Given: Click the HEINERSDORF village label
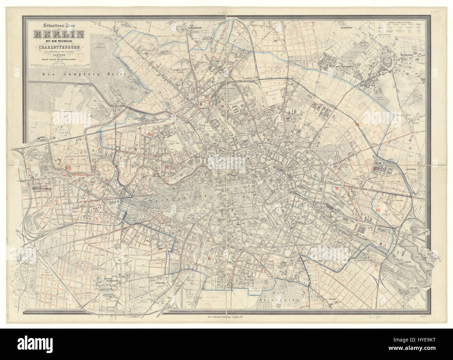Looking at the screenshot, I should (350, 25).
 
